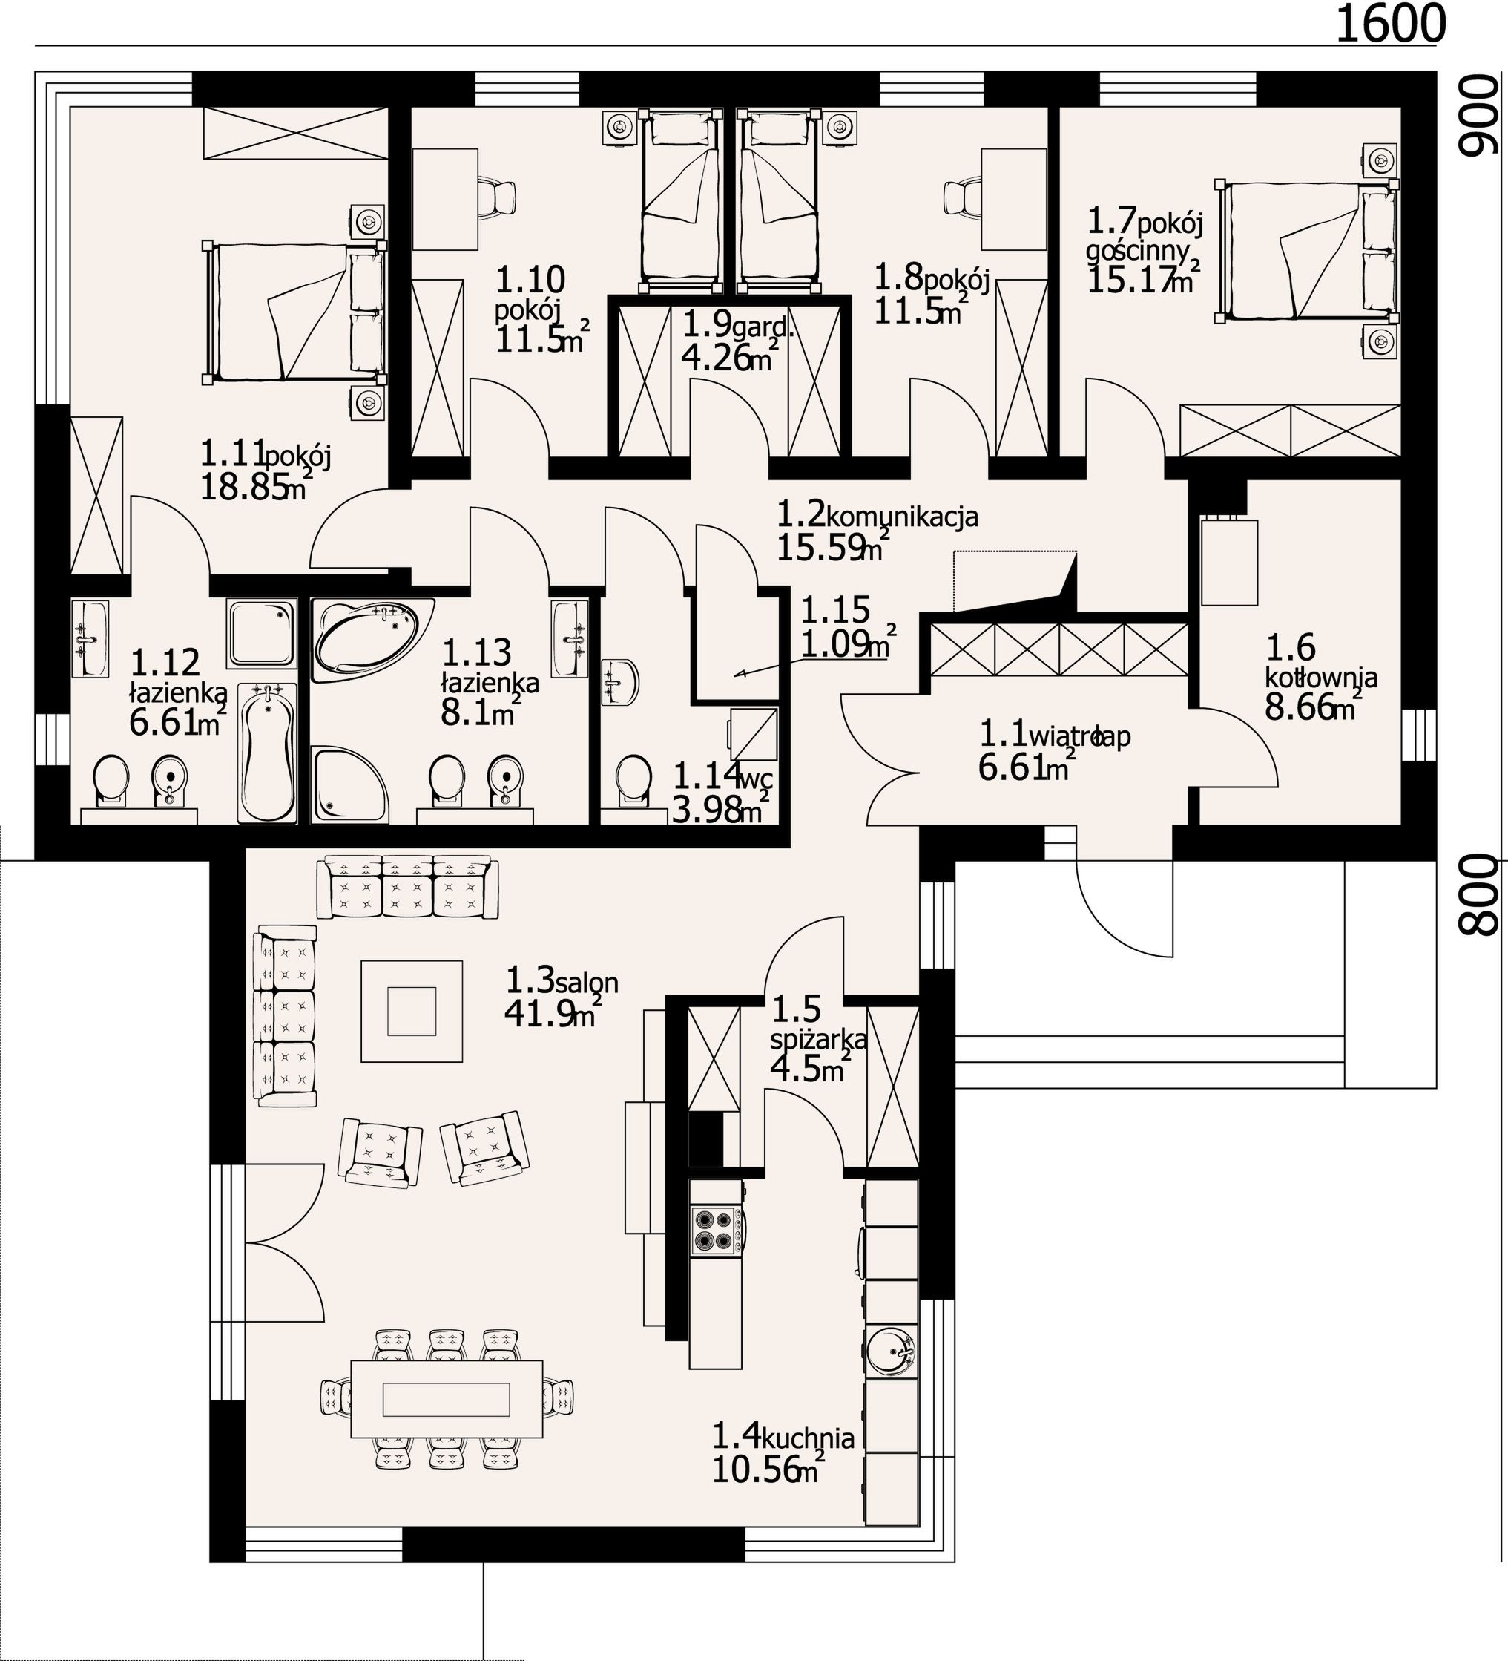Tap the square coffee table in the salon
(412, 1011)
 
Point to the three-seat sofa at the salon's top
(409, 886)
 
